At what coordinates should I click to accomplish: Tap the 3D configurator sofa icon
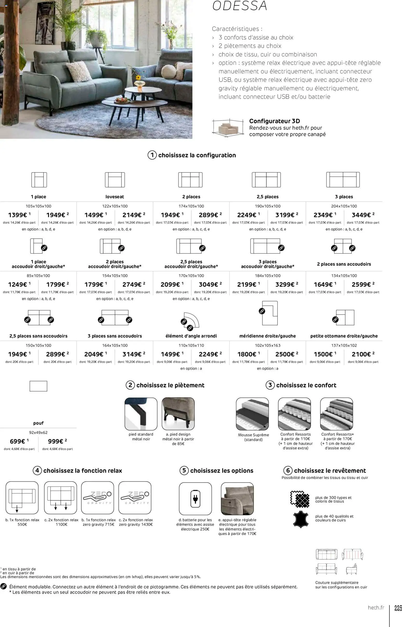coord(226,128)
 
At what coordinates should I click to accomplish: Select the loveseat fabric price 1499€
coord(94,215)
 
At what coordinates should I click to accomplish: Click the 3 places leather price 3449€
coord(361,215)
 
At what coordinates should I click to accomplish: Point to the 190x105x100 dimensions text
coord(268,206)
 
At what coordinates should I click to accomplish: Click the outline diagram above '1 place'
coord(39,180)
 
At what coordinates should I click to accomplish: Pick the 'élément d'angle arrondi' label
coord(191,336)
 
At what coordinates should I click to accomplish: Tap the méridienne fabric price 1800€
coord(247,354)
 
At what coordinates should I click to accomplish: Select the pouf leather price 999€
coord(56,442)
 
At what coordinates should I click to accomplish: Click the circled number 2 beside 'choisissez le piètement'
coord(130,385)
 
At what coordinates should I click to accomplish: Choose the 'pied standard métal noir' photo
coord(141,414)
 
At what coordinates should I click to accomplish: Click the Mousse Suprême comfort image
coord(252,414)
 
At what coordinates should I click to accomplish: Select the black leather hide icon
coord(301,519)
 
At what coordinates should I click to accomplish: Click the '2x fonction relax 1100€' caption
coord(61,522)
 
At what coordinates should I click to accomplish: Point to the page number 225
coord(398,608)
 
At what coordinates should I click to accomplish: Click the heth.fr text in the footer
coord(376,608)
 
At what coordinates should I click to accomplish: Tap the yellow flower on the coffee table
coord(138,78)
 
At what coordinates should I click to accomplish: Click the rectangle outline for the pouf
coord(38,386)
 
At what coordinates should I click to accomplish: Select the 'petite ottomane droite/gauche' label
coord(344,336)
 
